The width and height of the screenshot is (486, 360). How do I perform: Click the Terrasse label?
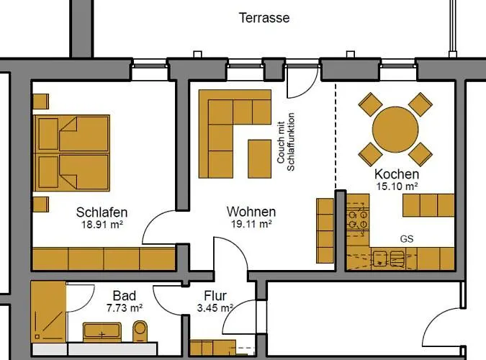click(x=264, y=17)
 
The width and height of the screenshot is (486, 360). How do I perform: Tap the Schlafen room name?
click(x=102, y=212)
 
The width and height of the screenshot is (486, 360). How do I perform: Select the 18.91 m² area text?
click(x=102, y=224)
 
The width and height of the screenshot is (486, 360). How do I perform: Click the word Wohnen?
click(x=251, y=212)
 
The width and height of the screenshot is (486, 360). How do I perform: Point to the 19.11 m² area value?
click(x=251, y=224)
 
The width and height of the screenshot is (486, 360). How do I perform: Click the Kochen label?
click(x=396, y=174)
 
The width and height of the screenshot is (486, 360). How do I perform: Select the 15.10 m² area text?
click(x=396, y=186)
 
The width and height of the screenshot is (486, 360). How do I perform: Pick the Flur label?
click(x=215, y=296)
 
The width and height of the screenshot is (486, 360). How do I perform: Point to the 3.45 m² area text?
click(x=216, y=307)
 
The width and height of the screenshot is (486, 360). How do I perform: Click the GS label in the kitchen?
click(x=407, y=239)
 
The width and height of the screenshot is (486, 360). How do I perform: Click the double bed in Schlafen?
click(x=71, y=153)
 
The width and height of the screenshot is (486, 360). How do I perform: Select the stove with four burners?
click(x=358, y=218)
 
